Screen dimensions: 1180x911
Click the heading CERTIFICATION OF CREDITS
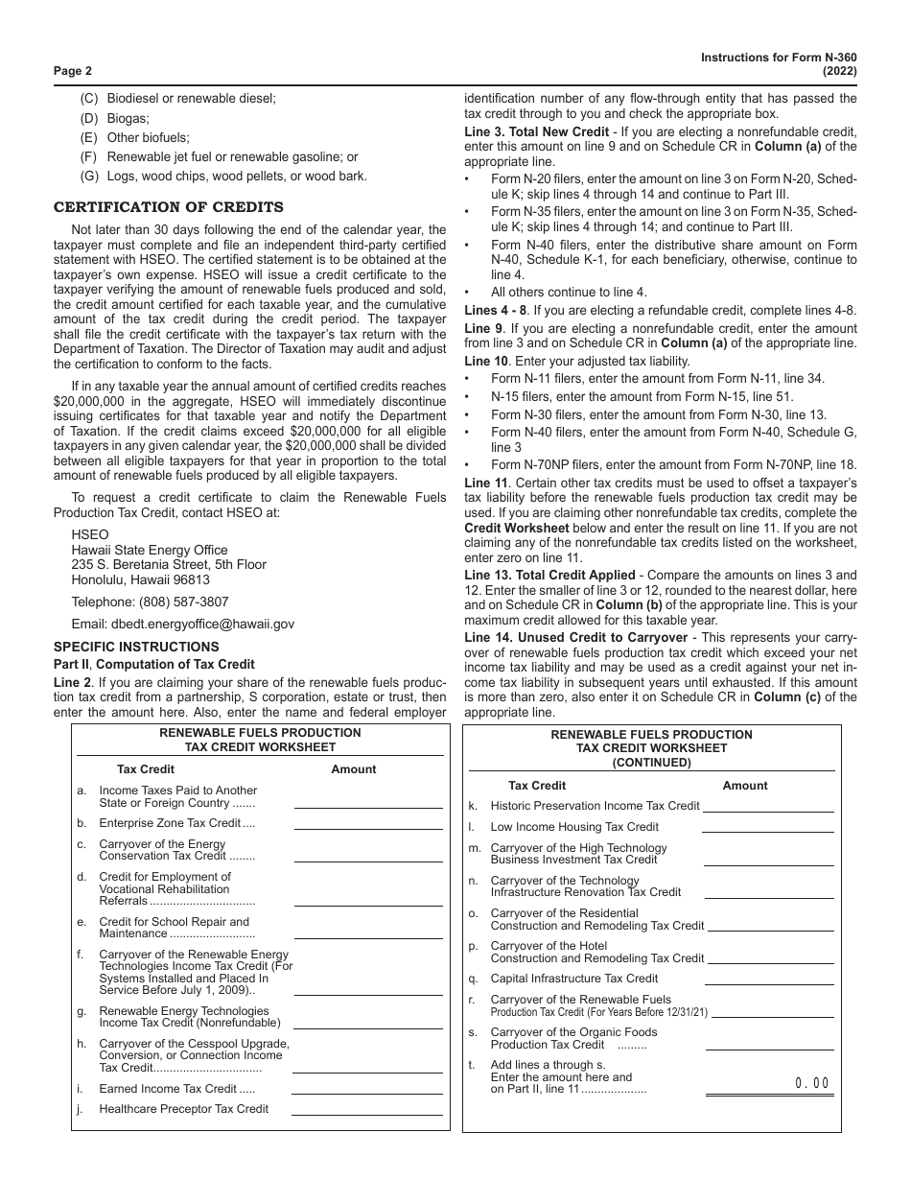pos(168,206)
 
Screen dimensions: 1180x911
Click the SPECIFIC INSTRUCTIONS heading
pos(136,647)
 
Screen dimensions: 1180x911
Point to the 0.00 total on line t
pos(811,1083)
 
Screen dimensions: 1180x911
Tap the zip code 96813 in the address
pos(191,580)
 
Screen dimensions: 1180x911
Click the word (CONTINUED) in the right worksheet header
pos(651,763)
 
